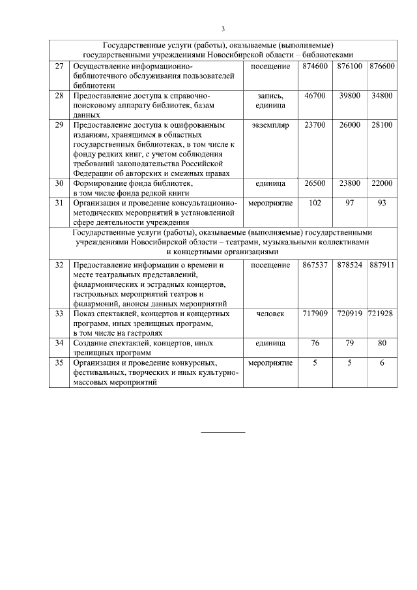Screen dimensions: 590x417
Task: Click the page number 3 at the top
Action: pyautogui.click(x=223, y=29)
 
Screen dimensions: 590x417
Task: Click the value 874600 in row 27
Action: pyautogui.click(x=315, y=66)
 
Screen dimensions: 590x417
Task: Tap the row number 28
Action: pyautogui.click(x=59, y=95)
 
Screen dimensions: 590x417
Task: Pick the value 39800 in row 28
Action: pyautogui.click(x=349, y=95)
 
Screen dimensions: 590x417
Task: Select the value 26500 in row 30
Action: pyautogui.click(x=315, y=184)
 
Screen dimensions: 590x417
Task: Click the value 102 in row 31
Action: pyautogui.click(x=315, y=203)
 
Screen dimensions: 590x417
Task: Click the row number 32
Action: pyautogui.click(x=59, y=265)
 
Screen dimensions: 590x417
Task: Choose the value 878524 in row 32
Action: pyautogui.click(x=349, y=265)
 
